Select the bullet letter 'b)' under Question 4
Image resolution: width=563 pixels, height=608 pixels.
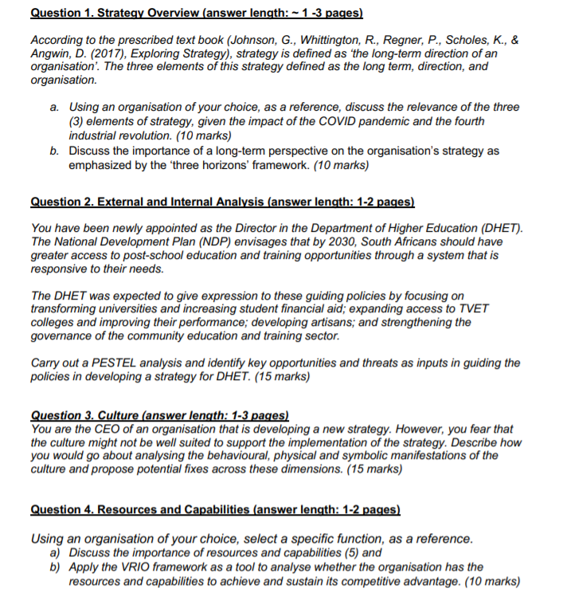pyautogui.click(x=55, y=567)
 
